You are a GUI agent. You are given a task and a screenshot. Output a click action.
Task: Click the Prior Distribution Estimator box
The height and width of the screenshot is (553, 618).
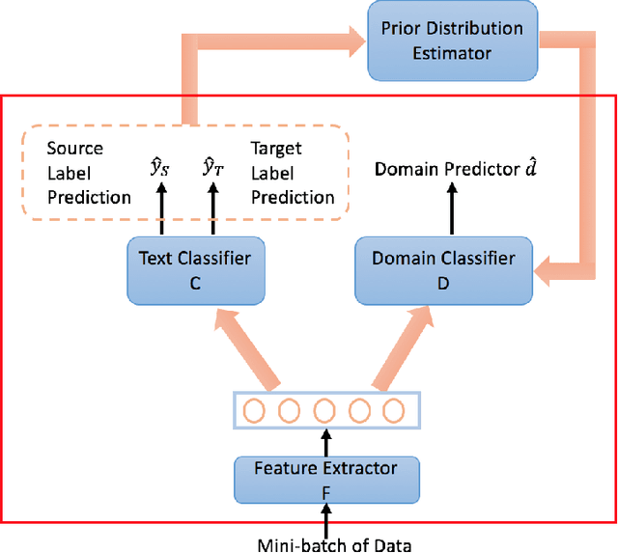tap(453, 40)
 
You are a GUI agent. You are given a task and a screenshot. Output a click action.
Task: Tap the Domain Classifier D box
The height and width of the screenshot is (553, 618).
tap(443, 269)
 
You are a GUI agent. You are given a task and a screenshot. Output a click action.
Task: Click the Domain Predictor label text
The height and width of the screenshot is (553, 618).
tap(457, 170)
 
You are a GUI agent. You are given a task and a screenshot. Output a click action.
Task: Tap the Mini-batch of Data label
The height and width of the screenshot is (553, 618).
tap(334, 544)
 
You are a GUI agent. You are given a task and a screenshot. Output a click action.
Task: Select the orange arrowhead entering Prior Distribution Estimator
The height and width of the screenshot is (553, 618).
tap(355, 39)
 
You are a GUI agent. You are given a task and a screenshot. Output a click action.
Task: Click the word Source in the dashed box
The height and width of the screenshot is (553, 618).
tap(74, 150)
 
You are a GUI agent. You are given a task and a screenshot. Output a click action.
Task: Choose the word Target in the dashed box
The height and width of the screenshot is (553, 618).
tap(276, 150)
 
